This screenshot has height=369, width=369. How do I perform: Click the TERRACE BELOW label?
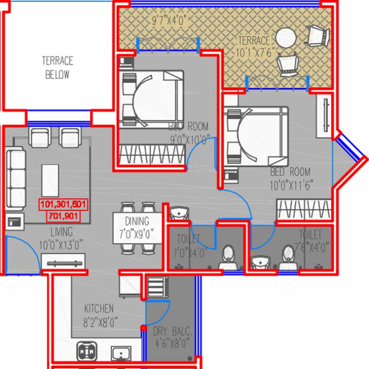57,68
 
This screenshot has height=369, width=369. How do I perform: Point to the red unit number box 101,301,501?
63,205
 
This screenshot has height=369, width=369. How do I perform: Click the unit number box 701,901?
63,217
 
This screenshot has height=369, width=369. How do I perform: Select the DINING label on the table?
137,221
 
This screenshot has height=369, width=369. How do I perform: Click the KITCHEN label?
99,308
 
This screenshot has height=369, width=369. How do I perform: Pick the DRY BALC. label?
172,332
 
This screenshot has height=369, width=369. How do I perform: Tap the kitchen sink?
121,354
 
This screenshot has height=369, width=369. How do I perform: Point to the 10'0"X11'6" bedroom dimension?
291,184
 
